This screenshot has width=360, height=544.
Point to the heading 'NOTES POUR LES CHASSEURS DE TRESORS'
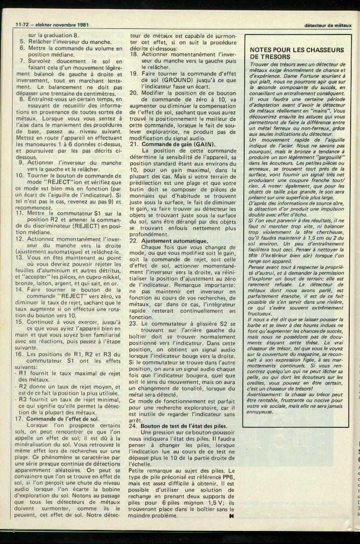[297, 53]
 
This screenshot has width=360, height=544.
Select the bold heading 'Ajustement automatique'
[175, 240]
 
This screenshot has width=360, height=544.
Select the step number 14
[19, 289]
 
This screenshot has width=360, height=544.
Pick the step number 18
[133, 54]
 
